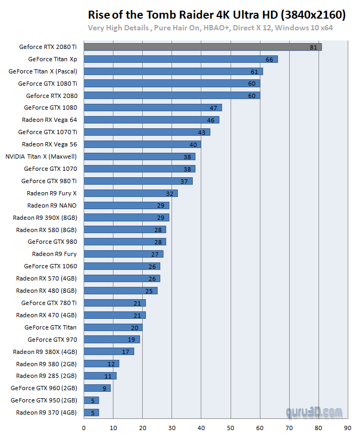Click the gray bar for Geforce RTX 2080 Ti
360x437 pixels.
(x=202, y=47)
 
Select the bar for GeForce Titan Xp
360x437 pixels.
(x=181, y=59)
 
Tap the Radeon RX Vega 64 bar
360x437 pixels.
(x=151, y=120)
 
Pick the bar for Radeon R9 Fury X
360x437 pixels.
(x=130, y=193)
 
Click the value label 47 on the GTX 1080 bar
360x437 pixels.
(x=214, y=108)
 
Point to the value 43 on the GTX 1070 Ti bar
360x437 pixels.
(x=202, y=133)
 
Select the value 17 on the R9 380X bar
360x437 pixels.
(x=126, y=352)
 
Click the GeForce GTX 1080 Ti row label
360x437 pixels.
(x=47, y=84)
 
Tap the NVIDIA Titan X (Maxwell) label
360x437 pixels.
(x=41, y=156)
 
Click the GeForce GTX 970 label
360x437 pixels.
(x=52, y=340)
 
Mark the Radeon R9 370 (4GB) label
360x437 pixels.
(x=46, y=413)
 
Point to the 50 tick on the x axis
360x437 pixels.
(x=231, y=427)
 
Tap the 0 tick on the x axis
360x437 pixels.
(x=84, y=427)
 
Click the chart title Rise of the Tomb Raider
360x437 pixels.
(x=216, y=14)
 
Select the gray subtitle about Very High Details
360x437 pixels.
(x=210, y=28)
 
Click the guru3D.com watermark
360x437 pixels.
(x=314, y=411)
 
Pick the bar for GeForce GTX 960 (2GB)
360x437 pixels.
(x=97, y=388)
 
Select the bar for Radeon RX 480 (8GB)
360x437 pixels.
(x=120, y=291)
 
